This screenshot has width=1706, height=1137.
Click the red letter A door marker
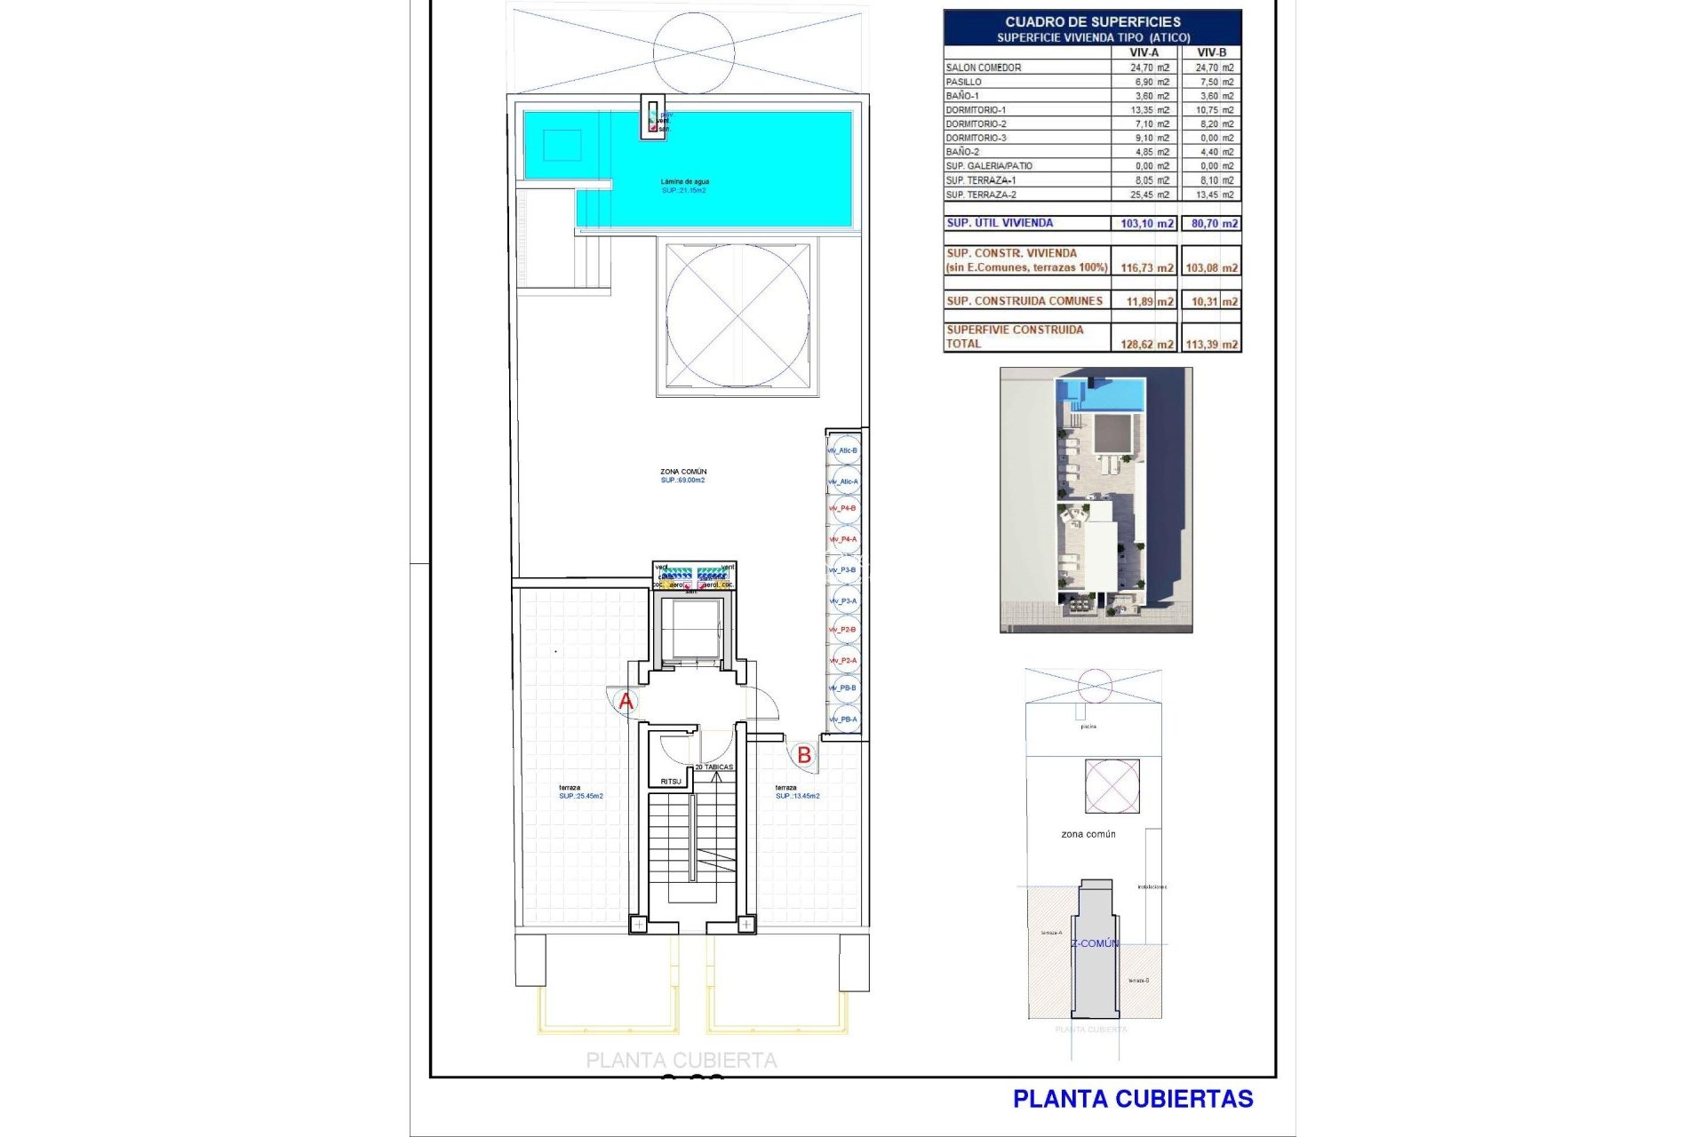pyautogui.click(x=626, y=702)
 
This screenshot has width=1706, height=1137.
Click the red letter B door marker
pyautogui.click(x=804, y=755)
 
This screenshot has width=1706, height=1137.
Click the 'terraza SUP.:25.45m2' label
pyautogui.click(x=581, y=791)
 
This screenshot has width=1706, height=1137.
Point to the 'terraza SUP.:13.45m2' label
pyautogui.click(x=797, y=791)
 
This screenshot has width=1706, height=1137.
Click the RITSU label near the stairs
pyautogui.click(x=671, y=782)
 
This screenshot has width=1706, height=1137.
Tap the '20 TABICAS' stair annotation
pyautogui.click(x=714, y=767)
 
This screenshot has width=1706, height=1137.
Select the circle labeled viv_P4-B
pyautogui.click(x=844, y=508)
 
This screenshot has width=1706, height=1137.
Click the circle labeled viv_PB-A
pyautogui.click(x=844, y=720)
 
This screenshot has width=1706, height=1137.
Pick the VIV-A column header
pyautogui.click(x=1144, y=52)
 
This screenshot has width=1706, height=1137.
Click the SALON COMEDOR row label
pyautogui.click(x=984, y=68)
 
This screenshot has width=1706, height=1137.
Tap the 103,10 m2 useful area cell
pyautogui.click(x=1146, y=224)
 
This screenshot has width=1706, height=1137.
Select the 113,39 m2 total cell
pyautogui.click(x=1211, y=344)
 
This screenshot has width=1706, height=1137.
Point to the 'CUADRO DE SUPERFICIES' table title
pyautogui.click(x=1093, y=21)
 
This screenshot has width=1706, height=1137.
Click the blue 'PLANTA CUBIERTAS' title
pyautogui.click(x=1132, y=1099)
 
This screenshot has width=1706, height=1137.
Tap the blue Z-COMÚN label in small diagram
pyautogui.click(x=1095, y=943)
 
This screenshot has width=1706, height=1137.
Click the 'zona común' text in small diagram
pyautogui.click(x=1088, y=834)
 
